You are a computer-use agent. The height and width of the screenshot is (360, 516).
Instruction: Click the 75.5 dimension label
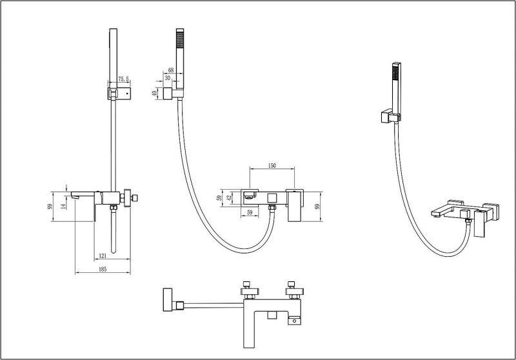pos(123,79)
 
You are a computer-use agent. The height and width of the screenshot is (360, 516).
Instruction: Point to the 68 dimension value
pos(171,70)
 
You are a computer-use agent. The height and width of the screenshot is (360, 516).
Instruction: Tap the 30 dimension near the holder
pos(167,77)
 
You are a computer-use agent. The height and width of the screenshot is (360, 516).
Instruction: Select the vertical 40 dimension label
pos(155,94)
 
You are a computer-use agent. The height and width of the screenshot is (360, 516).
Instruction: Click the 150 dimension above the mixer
pos(272,166)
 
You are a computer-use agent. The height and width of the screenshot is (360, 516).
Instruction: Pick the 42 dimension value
pos(230,198)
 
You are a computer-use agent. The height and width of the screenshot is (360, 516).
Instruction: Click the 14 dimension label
pos(63,206)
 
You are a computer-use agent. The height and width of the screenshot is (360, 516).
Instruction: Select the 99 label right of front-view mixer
pos(318,206)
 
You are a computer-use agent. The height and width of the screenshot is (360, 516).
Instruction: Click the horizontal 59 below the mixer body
pos(249,212)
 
